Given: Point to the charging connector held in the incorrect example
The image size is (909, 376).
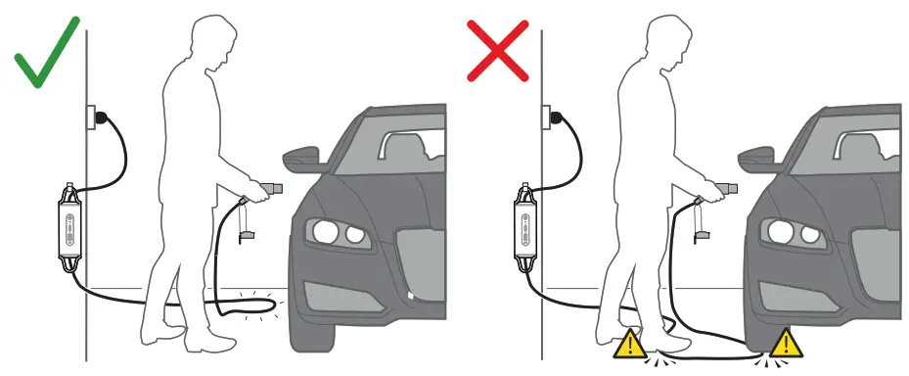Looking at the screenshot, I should pyautogui.click(x=721, y=184).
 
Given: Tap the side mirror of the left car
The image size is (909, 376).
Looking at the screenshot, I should pyautogui.click(x=303, y=158).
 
